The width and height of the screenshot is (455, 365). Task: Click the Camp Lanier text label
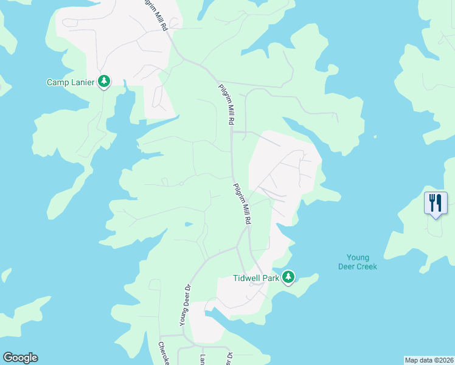(x=71, y=82)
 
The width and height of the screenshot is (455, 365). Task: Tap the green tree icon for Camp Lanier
(x=104, y=82)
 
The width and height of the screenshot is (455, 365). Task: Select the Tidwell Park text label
(x=255, y=278)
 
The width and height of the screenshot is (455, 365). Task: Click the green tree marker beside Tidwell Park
(x=288, y=277)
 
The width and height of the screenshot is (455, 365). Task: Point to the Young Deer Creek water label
(x=358, y=262)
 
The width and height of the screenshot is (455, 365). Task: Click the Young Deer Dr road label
(x=185, y=304)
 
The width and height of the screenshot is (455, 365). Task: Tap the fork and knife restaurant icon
(x=436, y=203)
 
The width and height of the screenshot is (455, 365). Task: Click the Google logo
(x=20, y=358)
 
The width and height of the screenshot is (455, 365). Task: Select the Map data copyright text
(x=429, y=360)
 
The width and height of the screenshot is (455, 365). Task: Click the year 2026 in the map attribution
(x=446, y=360)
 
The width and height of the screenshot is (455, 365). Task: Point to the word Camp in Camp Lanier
(x=57, y=82)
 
